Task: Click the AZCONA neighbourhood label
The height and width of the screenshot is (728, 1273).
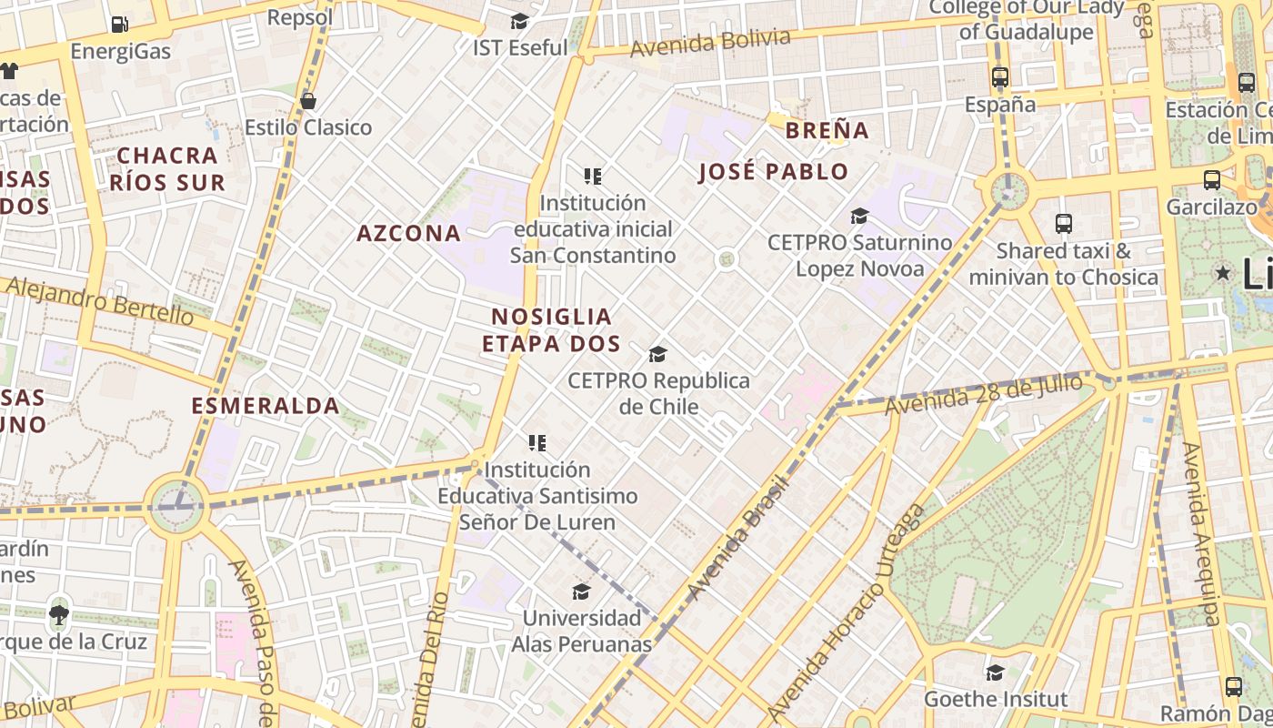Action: coord(408,233)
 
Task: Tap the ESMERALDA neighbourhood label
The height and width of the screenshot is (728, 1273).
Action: coord(266,406)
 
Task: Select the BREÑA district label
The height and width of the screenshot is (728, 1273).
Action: coord(827,130)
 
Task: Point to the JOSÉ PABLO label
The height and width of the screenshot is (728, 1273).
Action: coord(773,172)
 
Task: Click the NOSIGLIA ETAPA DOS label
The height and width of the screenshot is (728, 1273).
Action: coord(551,330)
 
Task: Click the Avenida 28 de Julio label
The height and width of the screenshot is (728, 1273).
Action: coord(983,394)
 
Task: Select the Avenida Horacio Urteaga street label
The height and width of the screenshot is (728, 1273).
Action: coord(847,611)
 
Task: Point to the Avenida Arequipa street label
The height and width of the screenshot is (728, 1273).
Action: coord(1200,534)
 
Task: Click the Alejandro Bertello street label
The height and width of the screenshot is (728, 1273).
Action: coord(99,301)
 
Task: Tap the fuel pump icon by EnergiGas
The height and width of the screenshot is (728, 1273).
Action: coord(119,25)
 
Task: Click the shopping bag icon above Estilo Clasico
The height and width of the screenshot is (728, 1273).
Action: coord(308,100)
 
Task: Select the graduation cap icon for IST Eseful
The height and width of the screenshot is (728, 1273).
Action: coord(519,21)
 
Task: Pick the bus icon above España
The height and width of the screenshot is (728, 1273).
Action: coord(1000,77)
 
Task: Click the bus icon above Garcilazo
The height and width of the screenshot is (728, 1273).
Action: coord(1211,180)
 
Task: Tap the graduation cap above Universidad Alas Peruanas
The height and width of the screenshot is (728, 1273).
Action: coord(581,592)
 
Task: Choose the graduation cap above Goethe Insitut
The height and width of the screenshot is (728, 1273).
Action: coord(995,672)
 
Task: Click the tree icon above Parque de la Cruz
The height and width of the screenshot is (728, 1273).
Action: coord(59,614)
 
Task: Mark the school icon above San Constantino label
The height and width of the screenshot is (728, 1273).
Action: coord(593,177)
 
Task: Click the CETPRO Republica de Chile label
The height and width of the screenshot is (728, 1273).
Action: coord(658,393)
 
